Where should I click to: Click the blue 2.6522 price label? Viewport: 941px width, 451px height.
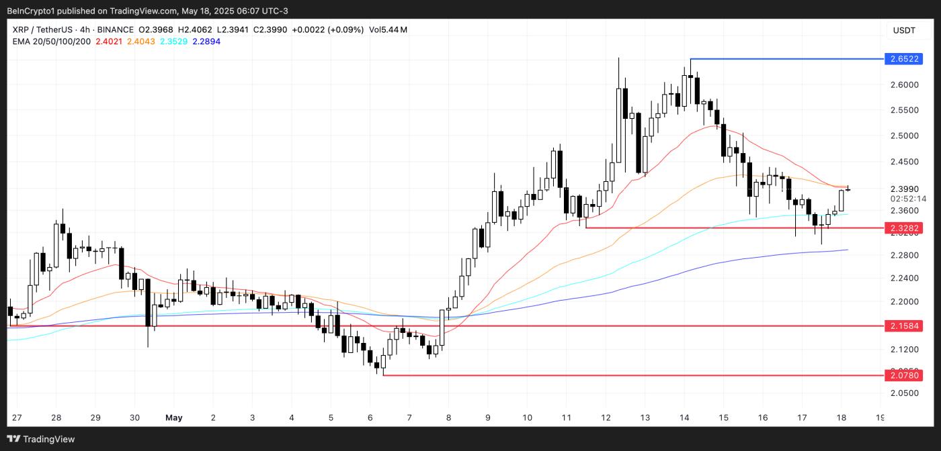pyautogui.click(x=904, y=59)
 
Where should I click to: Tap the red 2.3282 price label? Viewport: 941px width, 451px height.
pyautogui.click(x=904, y=228)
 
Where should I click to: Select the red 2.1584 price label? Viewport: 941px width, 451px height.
pyautogui.click(x=904, y=326)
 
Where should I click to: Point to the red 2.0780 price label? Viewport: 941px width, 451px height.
pyautogui.click(x=904, y=375)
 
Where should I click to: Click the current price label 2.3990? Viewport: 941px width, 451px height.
pyautogui.click(x=904, y=189)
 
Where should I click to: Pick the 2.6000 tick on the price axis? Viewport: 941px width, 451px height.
pyautogui.click(x=904, y=85)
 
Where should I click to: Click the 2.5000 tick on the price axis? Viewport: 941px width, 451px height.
pyautogui.click(x=904, y=136)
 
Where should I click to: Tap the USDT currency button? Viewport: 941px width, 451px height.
pyautogui.click(x=904, y=30)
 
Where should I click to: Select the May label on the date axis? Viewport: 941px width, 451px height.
pyautogui.click(x=173, y=417)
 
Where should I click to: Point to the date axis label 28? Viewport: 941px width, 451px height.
pyautogui.click(x=56, y=417)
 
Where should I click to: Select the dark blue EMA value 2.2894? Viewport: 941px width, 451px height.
pyautogui.click(x=206, y=42)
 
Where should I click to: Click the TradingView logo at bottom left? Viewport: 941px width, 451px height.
pyautogui.click(x=42, y=439)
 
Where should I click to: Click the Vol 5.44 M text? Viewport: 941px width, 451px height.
pyautogui.click(x=388, y=30)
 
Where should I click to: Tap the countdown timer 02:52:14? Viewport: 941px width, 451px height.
pyautogui.click(x=904, y=199)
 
